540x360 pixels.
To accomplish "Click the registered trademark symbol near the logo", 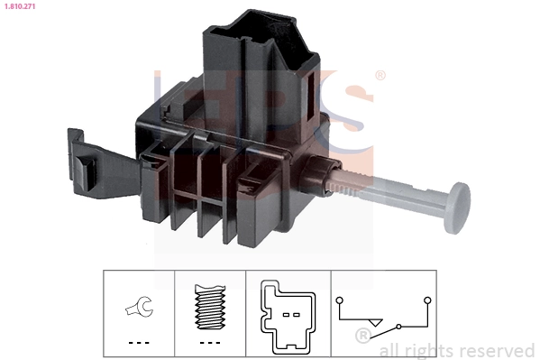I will [x=380, y=76].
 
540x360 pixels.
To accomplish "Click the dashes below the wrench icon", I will [x=138, y=343].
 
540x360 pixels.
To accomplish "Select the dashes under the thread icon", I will [x=208, y=343].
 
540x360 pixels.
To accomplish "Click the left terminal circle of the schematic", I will [x=338, y=299].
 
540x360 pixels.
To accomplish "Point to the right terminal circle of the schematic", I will [x=427, y=299].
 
